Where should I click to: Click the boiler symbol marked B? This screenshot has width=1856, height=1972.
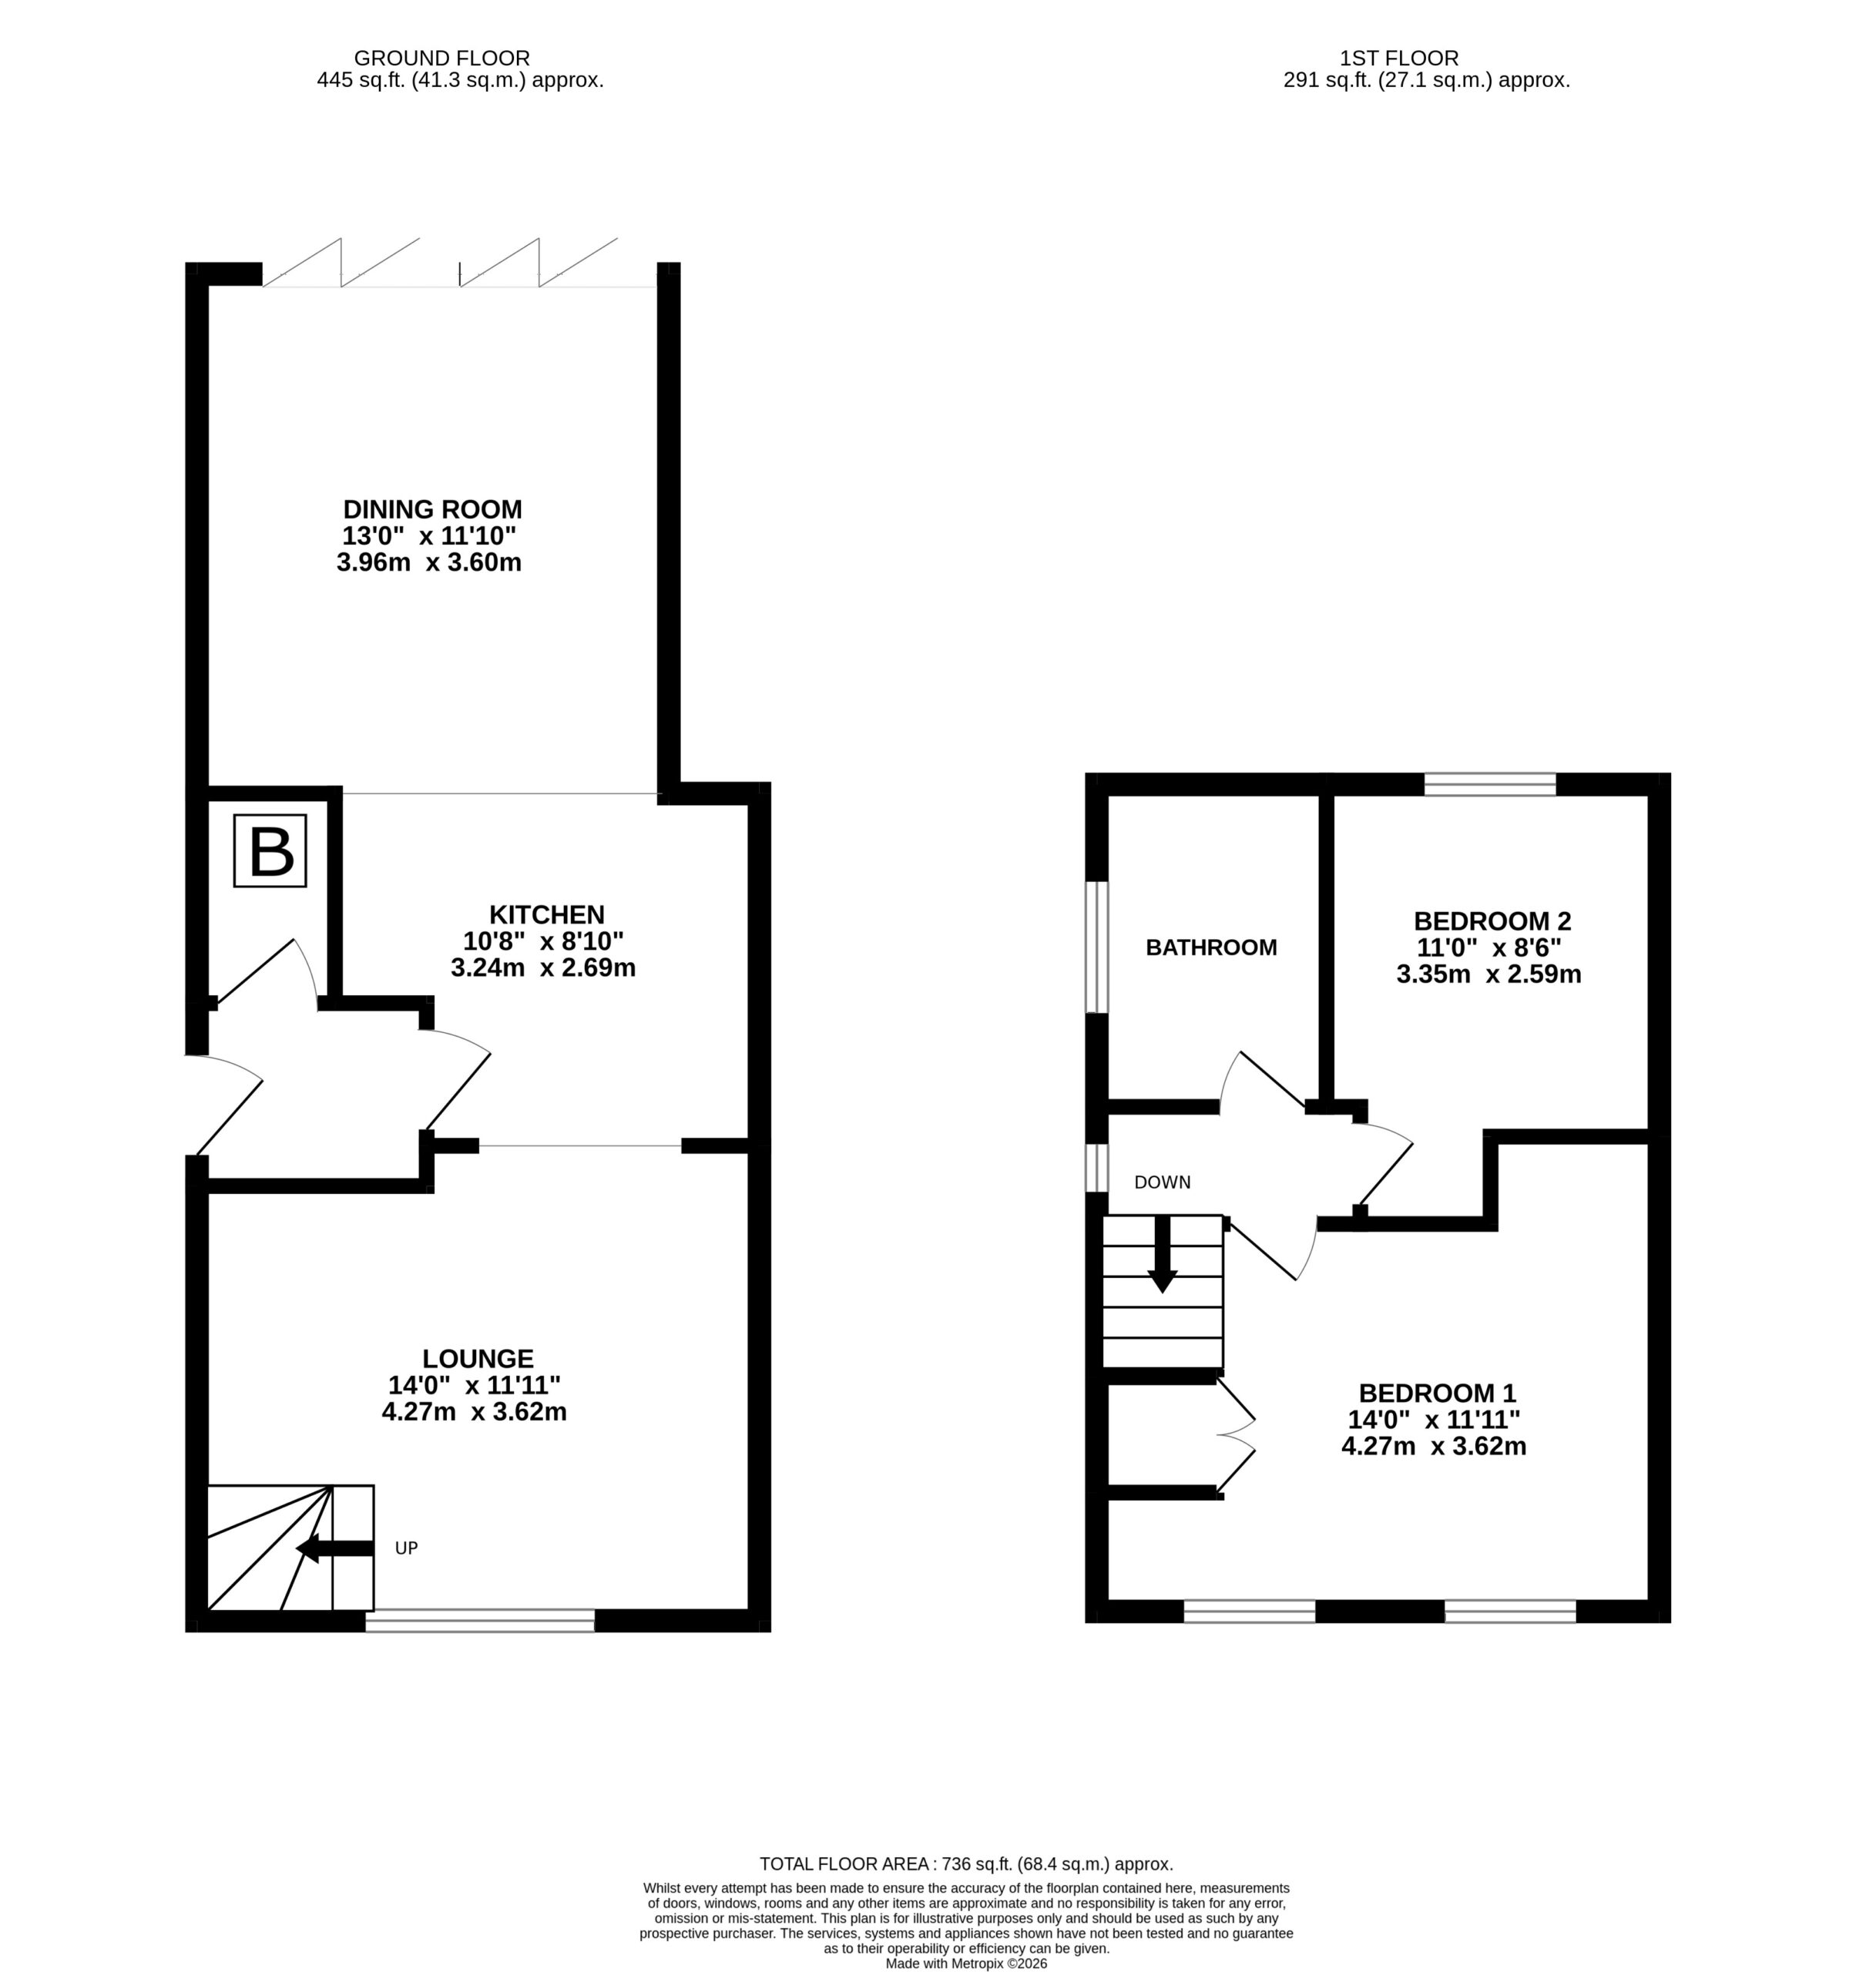270,850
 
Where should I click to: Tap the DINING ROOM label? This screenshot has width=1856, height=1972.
432,509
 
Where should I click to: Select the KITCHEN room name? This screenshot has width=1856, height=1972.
546,914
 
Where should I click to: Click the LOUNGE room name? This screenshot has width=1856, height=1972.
478,1358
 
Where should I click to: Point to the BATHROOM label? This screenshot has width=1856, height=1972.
1211,947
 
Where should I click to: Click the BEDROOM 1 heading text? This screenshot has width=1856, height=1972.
1438,1393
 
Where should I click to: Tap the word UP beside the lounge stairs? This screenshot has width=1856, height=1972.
407,1548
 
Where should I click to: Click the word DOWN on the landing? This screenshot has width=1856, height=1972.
1163,1182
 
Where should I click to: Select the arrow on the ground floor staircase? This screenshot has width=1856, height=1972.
335,1548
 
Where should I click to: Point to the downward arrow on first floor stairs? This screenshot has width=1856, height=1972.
1162,1255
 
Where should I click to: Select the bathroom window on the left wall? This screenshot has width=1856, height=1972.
1096,947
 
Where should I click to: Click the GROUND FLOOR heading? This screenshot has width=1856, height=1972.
442,59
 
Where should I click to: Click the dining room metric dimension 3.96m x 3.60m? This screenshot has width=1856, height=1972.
430,562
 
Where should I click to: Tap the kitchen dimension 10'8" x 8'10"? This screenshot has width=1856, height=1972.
544,941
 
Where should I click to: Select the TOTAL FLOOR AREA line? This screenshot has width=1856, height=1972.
966,1864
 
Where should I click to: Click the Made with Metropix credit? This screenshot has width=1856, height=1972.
966,1962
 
